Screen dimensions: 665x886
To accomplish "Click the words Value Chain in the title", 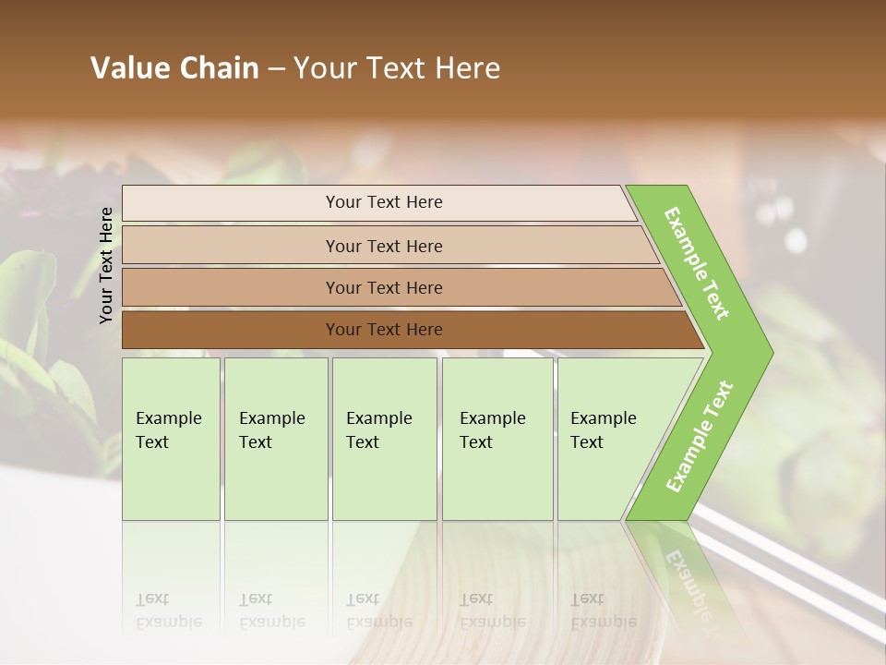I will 174,68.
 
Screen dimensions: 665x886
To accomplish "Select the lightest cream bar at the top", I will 231,203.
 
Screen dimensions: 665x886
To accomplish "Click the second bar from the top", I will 231,246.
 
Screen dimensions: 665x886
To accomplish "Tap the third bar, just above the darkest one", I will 231,287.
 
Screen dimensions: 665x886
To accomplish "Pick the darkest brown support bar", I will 231,330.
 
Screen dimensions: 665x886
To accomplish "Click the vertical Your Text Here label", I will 106,265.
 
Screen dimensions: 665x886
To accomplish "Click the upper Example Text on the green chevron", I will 697,263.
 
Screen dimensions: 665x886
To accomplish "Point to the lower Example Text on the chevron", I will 700,436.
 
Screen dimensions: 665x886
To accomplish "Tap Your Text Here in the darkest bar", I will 384,330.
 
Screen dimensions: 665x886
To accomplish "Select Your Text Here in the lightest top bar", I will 384,202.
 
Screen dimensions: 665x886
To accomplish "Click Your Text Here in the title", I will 397,68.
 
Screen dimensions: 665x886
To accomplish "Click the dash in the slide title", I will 276,69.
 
